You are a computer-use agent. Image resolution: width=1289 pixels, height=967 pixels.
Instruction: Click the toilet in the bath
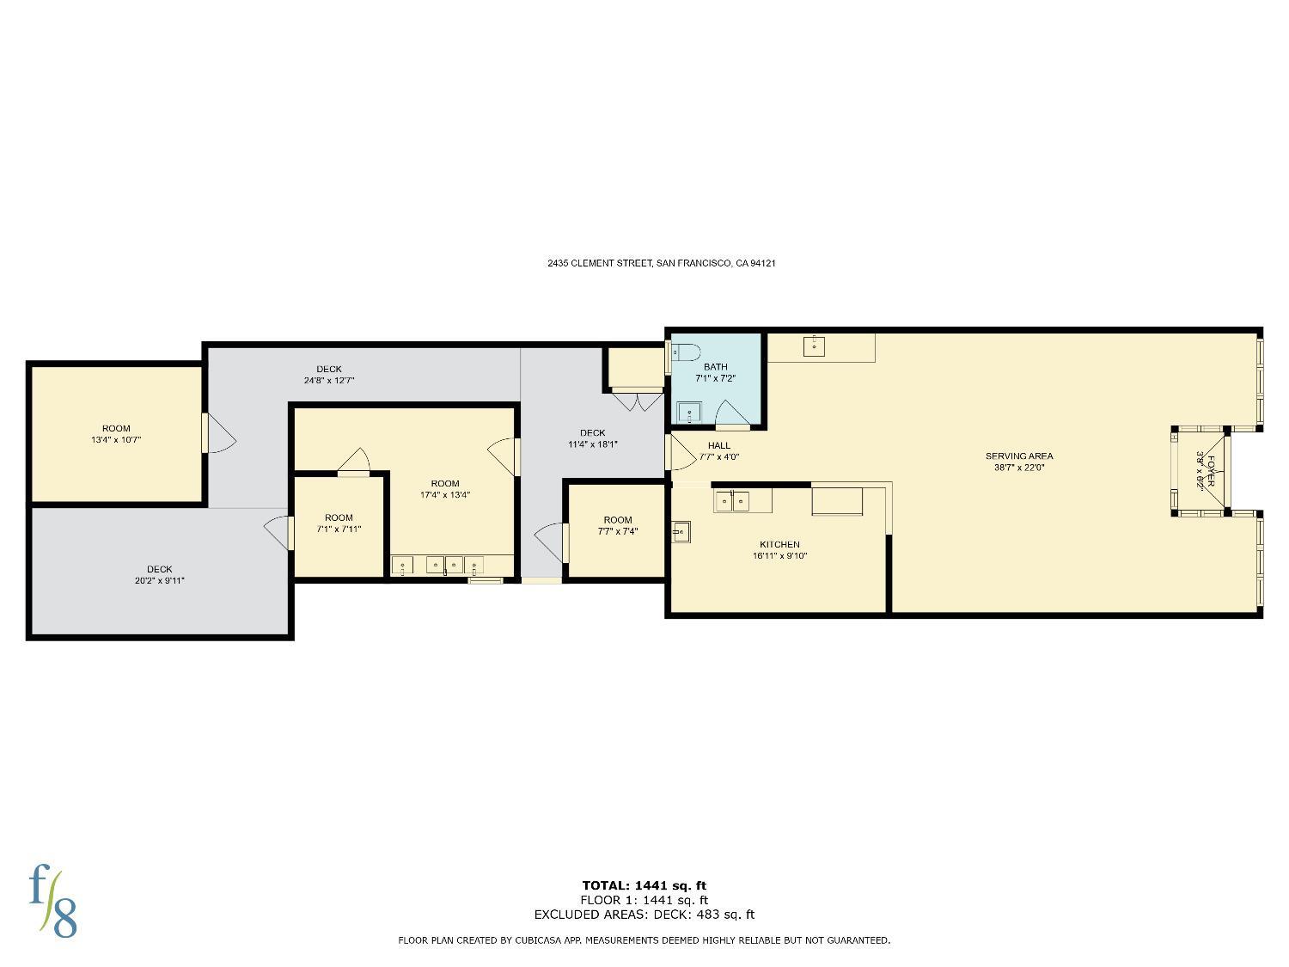click(686, 352)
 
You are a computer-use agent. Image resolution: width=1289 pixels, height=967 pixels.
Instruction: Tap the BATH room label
click(715, 367)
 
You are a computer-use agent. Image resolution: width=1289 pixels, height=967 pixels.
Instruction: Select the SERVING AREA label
click(1019, 456)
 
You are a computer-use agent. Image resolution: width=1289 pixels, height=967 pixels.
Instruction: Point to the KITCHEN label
click(780, 544)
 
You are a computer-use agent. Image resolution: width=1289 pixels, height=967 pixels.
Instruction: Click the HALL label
click(718, 445)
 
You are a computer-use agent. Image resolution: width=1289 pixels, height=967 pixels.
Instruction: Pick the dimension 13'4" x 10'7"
click(116, 440)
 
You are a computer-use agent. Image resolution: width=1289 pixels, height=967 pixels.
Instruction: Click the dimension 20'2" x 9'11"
click(160, 581)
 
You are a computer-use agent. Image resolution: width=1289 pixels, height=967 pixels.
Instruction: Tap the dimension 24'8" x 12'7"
click(329, 381)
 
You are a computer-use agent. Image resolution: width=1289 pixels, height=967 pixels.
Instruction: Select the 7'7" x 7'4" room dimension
click(618, 531)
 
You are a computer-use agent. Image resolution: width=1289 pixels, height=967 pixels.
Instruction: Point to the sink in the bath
click(689, 413)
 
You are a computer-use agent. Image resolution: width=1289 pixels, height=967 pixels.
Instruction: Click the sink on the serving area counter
click(814, 346)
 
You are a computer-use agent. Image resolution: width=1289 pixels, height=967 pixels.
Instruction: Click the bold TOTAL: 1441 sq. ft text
click(644, 885)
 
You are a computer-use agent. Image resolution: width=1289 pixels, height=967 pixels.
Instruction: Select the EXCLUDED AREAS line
click(644, 915)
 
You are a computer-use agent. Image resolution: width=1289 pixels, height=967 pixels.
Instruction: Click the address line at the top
click(661, 264)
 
